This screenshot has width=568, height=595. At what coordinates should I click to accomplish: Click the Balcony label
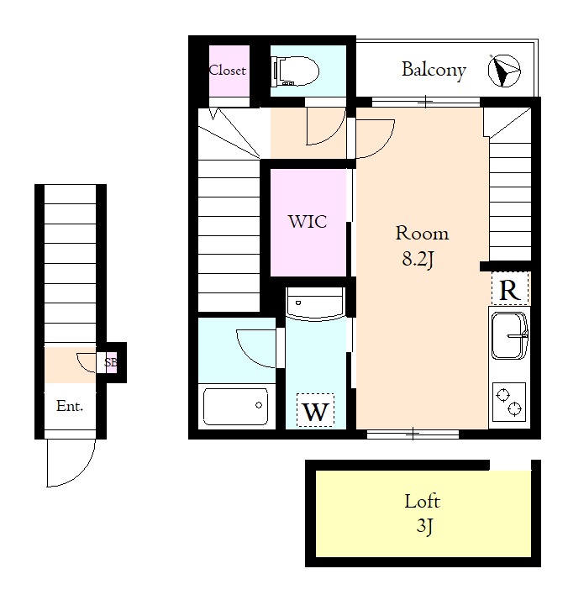click(x=434, y=71)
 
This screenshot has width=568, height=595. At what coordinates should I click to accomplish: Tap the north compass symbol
click(x=504, y=71)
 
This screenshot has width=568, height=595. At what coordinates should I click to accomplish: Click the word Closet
click(x=227, y=71)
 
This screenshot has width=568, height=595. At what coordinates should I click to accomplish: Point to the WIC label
click(x=308, y=222)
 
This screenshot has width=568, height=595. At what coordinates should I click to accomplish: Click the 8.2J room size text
click(x=418, y=259)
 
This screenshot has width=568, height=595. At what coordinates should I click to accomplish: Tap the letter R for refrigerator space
click(x=509, y=290)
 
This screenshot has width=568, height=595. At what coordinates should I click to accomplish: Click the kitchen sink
click(x=509, y=335)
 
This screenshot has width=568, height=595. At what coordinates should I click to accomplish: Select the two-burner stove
click(x=509, y=402)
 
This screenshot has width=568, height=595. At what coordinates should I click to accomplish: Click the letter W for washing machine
click(x=316, y=411)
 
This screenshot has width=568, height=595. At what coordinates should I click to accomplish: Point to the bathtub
click(x=235, y=407)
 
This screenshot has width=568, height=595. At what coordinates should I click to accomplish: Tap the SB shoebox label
click(x=110, y=362)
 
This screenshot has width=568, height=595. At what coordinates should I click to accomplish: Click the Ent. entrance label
click(x=70, y=407)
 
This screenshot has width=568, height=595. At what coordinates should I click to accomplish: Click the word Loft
click(x=422, y=501)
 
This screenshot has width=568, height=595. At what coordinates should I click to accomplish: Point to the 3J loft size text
click(x=424, y=526)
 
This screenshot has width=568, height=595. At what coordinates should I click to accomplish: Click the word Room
click(x=422, y=233)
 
